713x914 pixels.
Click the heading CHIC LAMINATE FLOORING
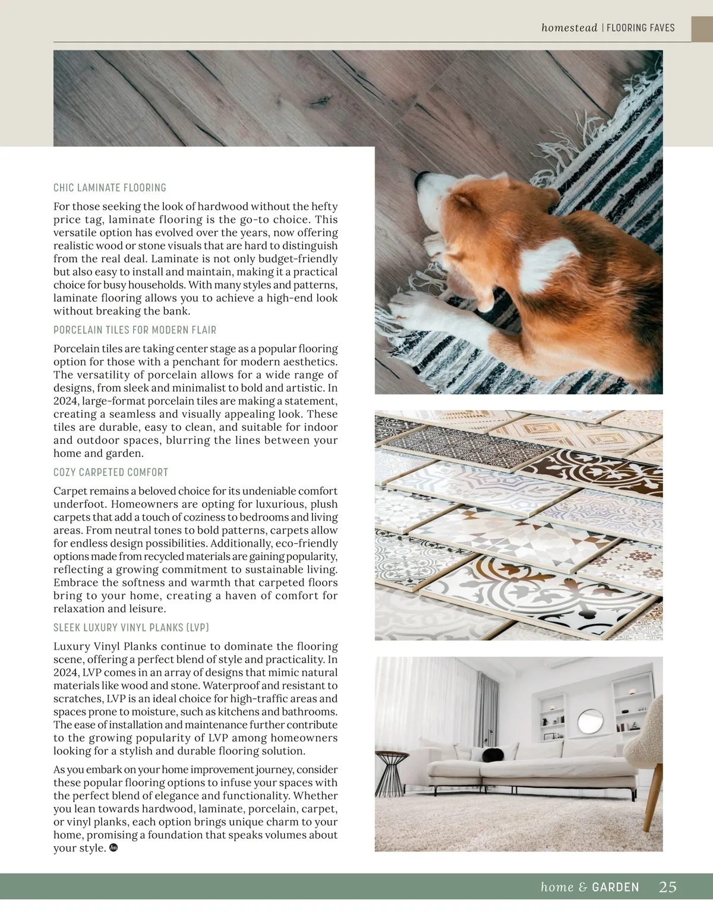click(x=110, y=188)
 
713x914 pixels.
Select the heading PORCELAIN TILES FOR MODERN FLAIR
click(x=135, y=330)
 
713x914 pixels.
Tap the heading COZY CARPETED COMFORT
click(x=111, y=472)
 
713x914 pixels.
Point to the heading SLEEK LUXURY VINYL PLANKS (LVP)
click(x=131, y=628)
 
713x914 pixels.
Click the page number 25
click(x=668, y=887)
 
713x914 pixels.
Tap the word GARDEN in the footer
click(x=616, y=887)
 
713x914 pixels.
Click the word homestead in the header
click(x=569, y=28)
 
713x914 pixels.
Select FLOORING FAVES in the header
click(x=641, y=28)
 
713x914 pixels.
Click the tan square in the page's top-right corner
click(x=702, y=30)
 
